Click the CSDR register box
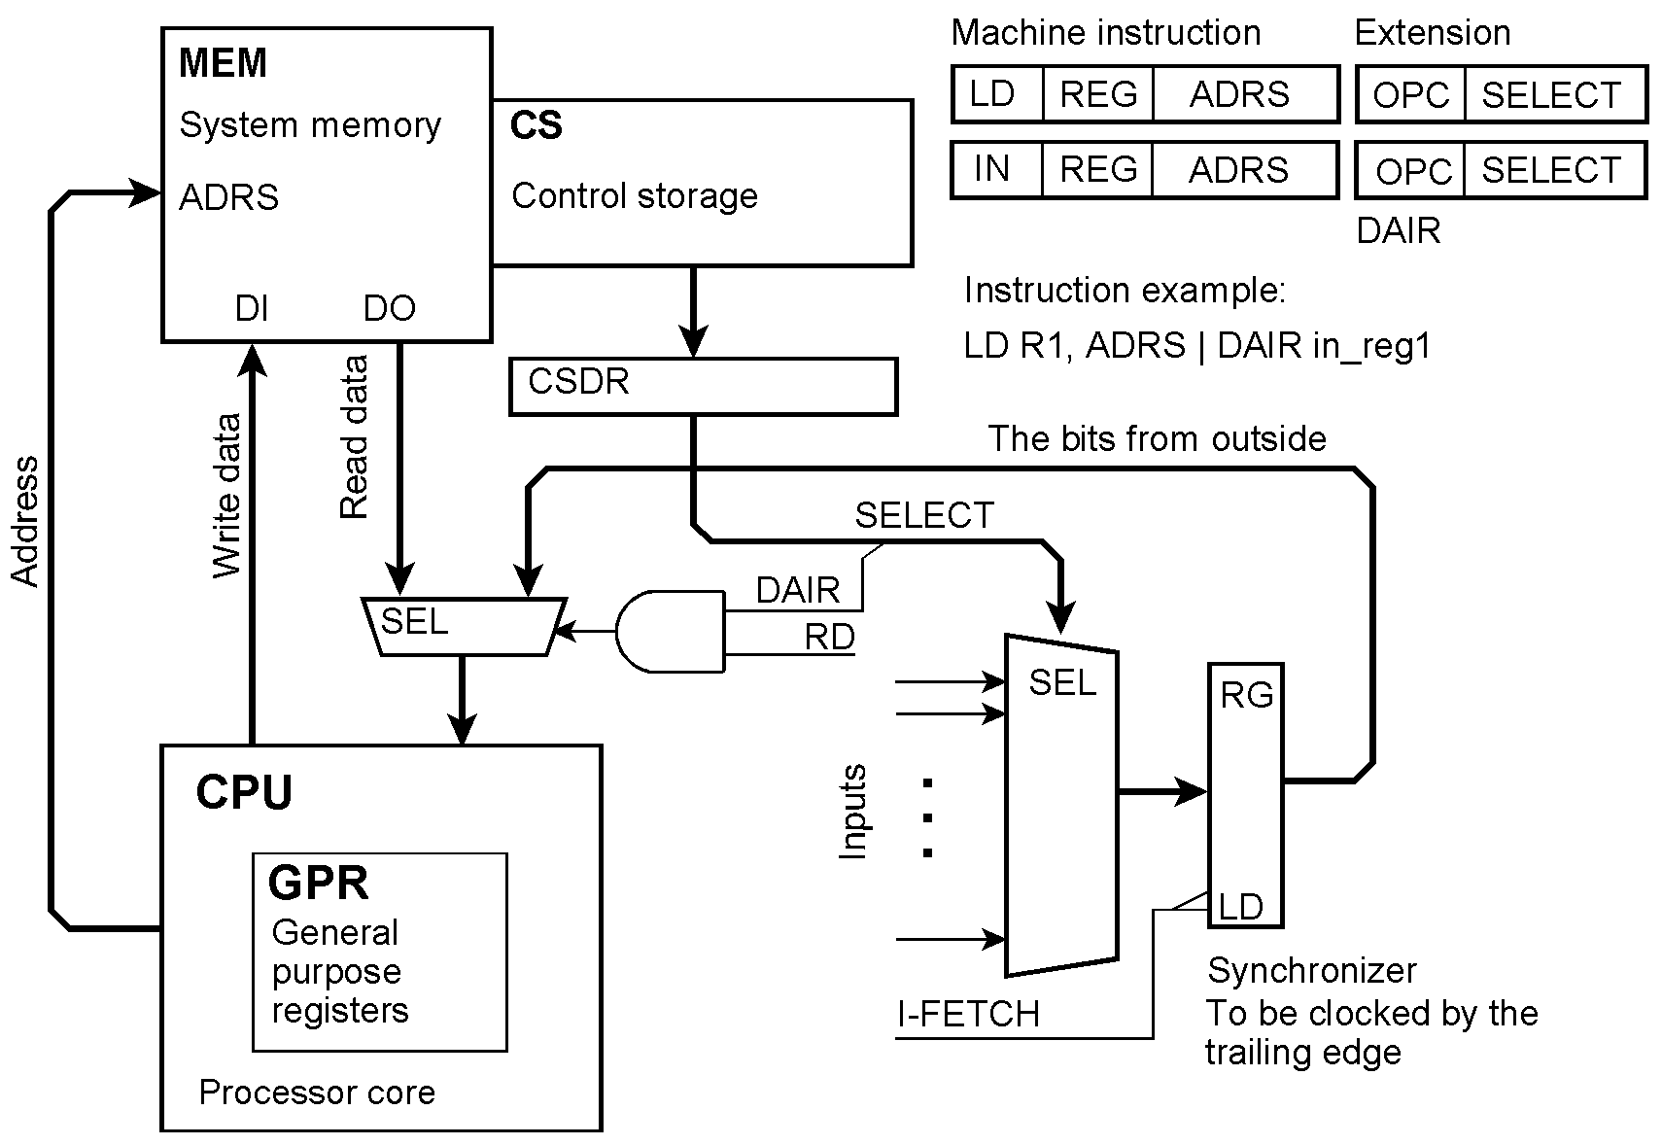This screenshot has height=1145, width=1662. pos(702,387)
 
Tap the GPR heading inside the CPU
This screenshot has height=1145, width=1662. pos(319,884)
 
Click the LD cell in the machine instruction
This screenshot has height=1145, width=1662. pos(994,94)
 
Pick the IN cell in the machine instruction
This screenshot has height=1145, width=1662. pos(992,169)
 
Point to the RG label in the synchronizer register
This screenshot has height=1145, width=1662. pos(1247,695)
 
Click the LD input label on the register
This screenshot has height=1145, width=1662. pos(1240,907)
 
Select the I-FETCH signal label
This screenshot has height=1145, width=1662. pos(968,1014)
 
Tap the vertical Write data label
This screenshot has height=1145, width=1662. pos(226,496)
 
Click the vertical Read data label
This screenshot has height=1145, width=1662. pos(354,437)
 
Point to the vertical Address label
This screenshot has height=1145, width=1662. pos(25,521)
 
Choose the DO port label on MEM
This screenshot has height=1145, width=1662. pos(389,308)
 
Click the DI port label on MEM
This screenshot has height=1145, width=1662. pos(252,308)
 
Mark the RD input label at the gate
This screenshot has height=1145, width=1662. pos(829,637)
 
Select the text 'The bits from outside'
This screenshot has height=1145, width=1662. pos(1157,439)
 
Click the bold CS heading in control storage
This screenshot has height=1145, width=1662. pos(537,125)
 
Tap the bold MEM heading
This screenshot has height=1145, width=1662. pos(223,63)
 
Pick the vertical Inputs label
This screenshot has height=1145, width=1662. pos(852,812)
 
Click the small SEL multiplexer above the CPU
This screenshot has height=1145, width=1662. pos(462,626)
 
